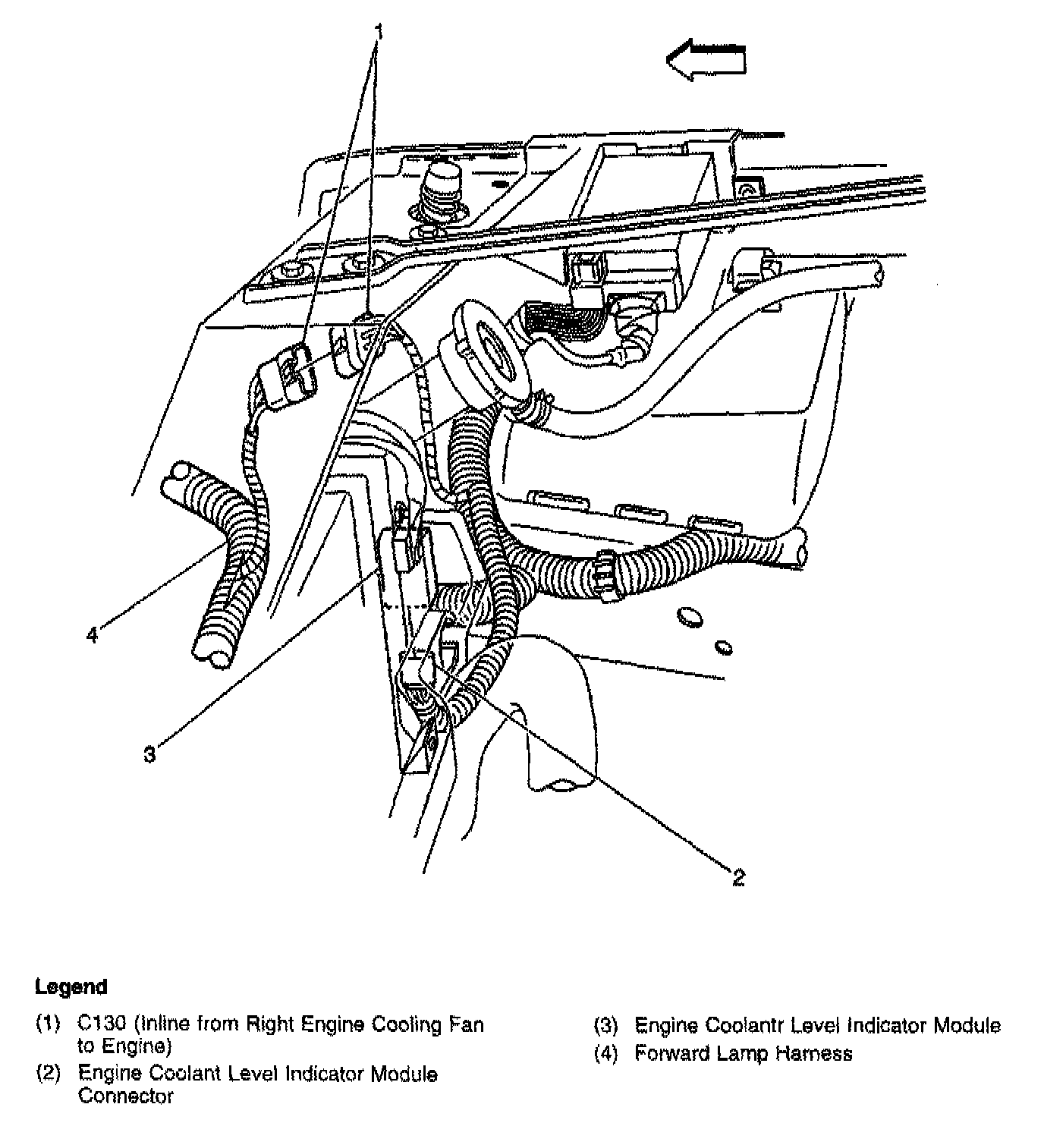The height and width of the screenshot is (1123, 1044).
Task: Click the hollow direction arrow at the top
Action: pyautogui.click(x=706, y=60)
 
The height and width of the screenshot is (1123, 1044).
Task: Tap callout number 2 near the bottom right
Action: pyautogui.click(x=738, y=877)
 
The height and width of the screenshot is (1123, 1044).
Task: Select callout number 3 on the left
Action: pyautogui.click(x=149, y=754)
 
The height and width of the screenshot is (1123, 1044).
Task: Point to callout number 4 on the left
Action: pyautogui.click(x=92, y=634)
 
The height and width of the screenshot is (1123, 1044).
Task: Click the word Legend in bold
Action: pyautogui.click(x=71, y=987)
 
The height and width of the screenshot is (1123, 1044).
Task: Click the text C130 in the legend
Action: pyautogui.click(x=102, y=1024)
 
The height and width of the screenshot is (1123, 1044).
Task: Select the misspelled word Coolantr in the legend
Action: pyautogui.click(x=747, y=1026)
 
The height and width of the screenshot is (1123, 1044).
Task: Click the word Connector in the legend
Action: pyautogui.click(x=125, y=1096)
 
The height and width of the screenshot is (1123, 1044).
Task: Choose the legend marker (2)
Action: pyautogui.click(x=48, y=1074)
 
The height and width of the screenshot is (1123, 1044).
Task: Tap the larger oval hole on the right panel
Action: pyautogui.click(x=689, y=617)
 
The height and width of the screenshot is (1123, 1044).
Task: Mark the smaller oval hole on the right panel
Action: pyautogui.click(x=724, y=647)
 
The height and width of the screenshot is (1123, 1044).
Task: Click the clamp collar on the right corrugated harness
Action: pyautogui.click(x=607, y=574)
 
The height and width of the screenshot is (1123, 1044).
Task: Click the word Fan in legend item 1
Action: pyautogui.click(x=468, y=1024)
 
